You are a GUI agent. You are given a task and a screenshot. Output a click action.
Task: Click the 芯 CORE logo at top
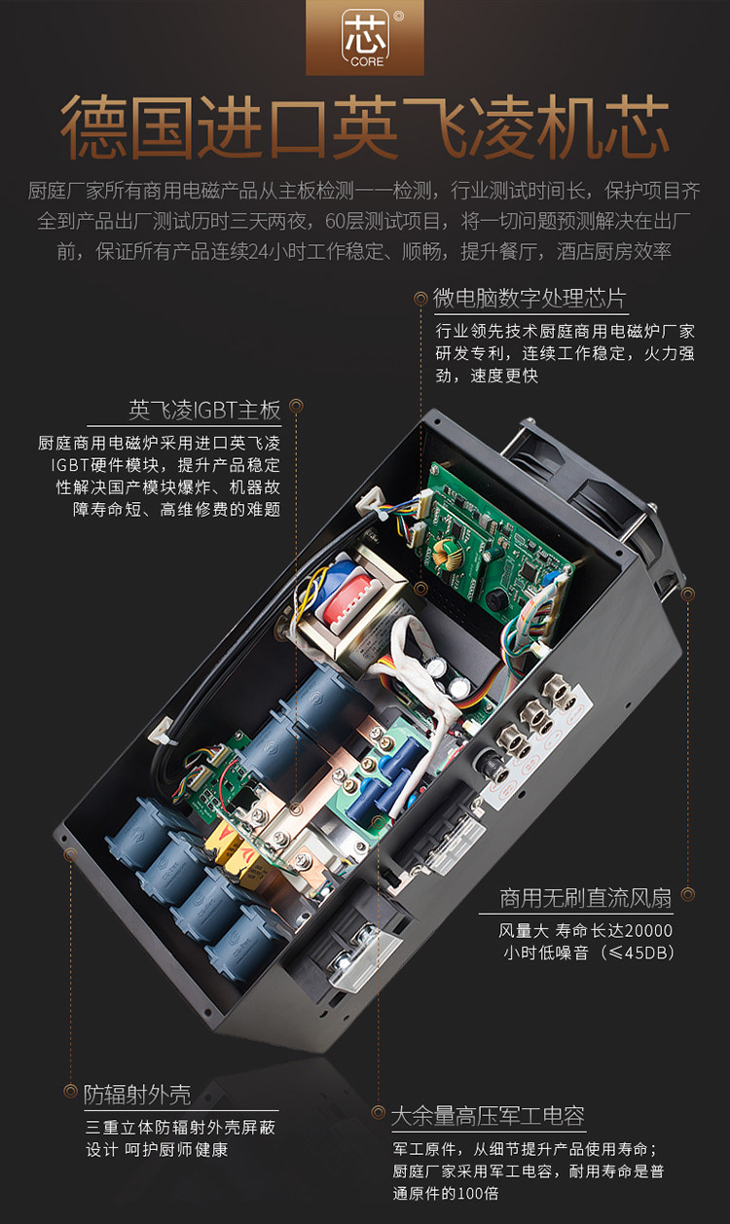365,37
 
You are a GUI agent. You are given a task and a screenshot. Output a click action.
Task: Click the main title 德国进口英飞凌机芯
365,127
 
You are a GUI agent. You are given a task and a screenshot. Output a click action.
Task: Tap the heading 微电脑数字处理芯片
529,299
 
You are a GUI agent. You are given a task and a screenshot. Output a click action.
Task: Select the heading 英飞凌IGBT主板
204,411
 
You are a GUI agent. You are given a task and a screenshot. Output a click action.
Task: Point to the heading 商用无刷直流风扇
585,898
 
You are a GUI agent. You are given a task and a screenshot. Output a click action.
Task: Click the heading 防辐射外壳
137,1095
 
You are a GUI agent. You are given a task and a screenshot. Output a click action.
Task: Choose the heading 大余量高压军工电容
488,1116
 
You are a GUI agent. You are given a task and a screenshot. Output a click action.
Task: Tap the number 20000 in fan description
648,930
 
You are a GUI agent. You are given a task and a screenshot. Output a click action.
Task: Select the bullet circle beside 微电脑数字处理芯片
420,299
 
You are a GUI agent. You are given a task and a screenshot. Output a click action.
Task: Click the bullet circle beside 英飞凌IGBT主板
296,406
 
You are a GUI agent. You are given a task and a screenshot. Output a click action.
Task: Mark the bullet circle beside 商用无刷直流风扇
687,894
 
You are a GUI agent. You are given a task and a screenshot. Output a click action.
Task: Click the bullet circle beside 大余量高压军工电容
378,1112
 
